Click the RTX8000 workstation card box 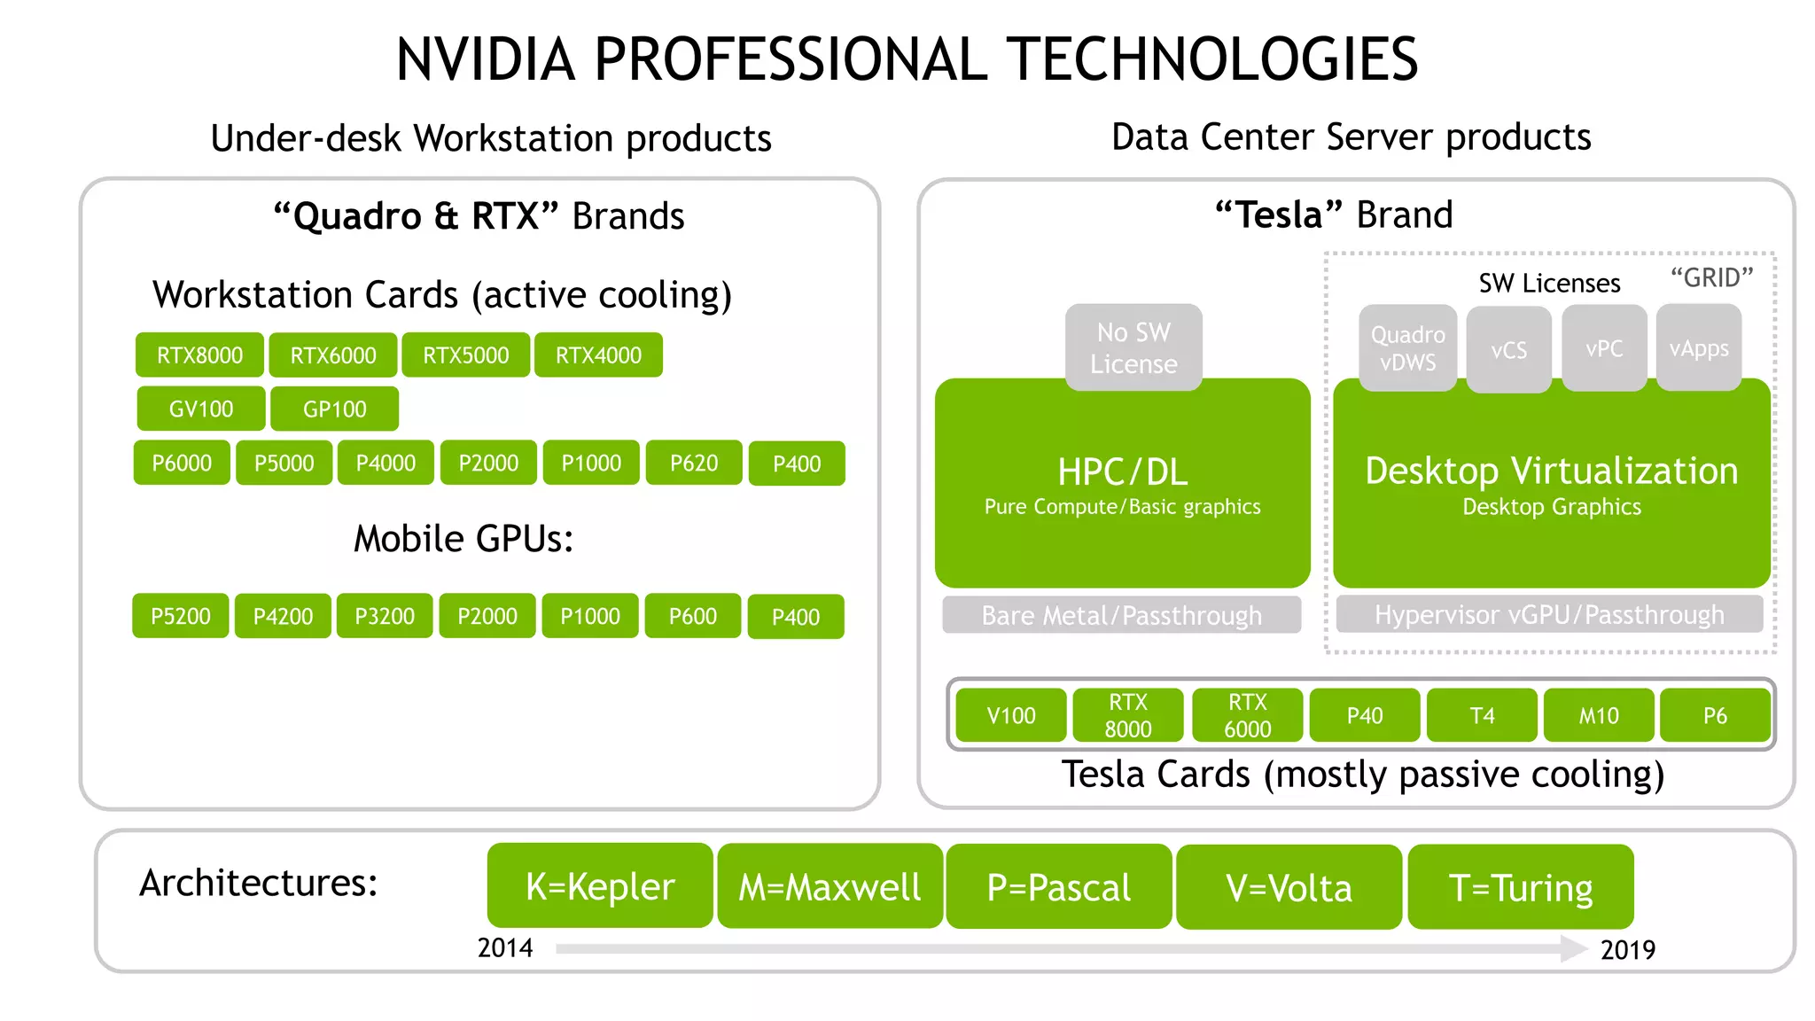(x=199, y=355)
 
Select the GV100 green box (x=201, y=409)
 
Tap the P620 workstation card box (x=694, y=463)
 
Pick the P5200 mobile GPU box (x=181, y=616)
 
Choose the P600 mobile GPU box (x=693, y=616)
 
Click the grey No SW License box (x=1133, y=347)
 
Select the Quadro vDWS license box (x=1407, y=347)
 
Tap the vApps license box (x=1699, y=347)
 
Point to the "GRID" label (x=1711, y=277)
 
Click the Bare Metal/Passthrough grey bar (x=1121, y=615)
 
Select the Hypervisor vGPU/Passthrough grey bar (x=1549, y=614)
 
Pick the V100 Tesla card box (x=1011, y=715)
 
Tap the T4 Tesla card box (x=1482, y=715)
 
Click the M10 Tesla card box (x=1599, y=715)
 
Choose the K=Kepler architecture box (x=600, y=886)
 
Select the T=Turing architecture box (x=1521, y=887)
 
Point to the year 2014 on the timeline (x=505, y=947)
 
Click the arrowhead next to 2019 (x=1573, y=948)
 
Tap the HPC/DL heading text (x=1122, y=472)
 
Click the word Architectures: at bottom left (x=259, y=883)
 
